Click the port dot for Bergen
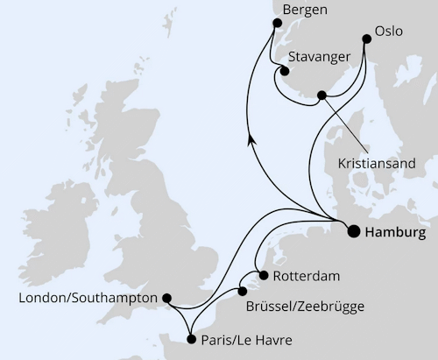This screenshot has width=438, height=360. (x=267, y=33)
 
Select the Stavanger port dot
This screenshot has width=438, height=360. (x=285, y=71)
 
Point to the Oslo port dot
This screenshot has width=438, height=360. (x=366, y=38)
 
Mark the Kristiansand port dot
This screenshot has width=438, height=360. (x=322, y=95)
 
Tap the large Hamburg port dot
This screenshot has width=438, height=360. (x=354, y=232)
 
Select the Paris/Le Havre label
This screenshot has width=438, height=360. (x=246, y=339)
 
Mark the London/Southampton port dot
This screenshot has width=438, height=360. (x=168, y=298)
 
